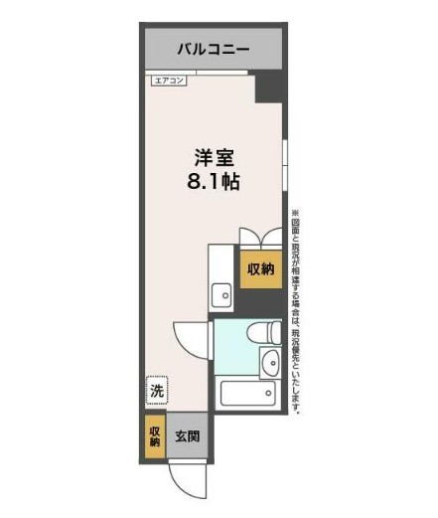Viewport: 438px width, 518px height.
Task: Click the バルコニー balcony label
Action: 214,48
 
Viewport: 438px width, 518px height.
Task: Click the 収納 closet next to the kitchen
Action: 261,268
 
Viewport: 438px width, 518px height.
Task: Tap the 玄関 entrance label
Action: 188,435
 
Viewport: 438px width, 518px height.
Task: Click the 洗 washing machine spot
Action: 156,392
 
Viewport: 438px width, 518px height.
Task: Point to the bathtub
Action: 248,394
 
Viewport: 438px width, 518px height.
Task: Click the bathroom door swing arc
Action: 191,336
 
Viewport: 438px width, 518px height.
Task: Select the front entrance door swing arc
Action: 187,480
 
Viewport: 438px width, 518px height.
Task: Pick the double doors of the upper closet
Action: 261,237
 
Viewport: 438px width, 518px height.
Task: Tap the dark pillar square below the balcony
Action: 268,87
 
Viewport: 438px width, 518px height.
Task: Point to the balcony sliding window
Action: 211,72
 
